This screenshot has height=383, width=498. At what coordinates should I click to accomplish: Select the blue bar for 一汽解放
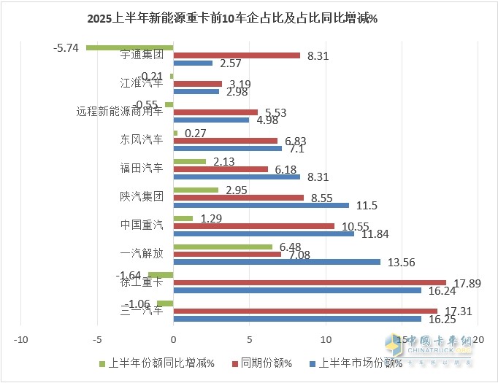click(277, 261)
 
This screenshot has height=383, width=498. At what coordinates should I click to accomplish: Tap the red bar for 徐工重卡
click(310, 282)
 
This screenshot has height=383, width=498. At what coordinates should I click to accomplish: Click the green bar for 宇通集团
click(129, 47)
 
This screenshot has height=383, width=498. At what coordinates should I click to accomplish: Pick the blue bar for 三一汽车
click(297, 318)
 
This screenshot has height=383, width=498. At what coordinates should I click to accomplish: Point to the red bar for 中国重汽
click(254, 226)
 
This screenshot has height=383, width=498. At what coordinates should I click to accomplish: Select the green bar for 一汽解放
click(223, 247)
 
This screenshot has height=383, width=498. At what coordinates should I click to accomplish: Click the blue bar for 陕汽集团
click(261, 205)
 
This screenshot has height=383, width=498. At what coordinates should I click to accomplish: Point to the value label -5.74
click(66, 47)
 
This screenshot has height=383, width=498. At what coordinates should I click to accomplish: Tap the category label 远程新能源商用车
click(120, 112)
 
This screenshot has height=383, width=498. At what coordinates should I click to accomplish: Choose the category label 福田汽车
click(142, 168)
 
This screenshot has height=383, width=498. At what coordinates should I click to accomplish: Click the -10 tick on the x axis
click(21, 339)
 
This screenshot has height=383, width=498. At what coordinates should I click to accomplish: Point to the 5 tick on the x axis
click(250, 339)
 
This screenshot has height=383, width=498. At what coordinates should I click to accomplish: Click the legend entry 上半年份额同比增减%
click(156, 363)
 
